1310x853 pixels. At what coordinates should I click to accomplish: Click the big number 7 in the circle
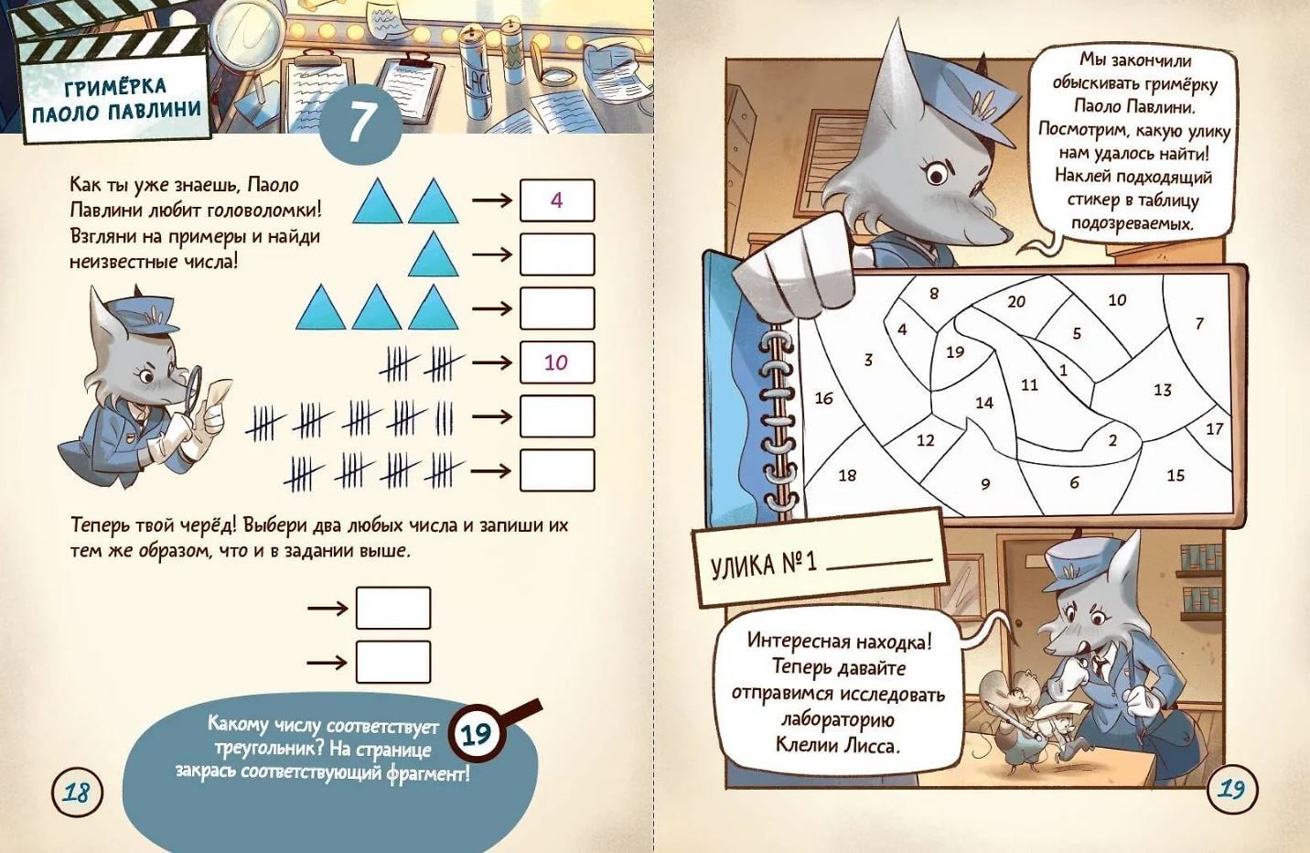tap(360, 121)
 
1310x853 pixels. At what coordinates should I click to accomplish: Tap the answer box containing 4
tap(557, 200)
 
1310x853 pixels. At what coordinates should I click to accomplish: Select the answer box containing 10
tap(557, 362)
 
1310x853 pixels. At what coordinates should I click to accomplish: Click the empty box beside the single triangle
tap(557, 254)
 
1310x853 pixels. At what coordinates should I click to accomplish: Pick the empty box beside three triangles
tap(557, 308)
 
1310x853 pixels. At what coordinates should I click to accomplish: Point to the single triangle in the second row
tap(433, 254)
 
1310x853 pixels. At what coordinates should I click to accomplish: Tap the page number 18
tap(77, 794)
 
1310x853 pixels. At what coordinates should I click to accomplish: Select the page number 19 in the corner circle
tap(1231, 790)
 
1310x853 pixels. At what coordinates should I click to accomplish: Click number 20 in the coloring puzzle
tap(1016, 302)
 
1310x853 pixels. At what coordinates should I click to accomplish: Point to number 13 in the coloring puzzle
tap(1163, 390)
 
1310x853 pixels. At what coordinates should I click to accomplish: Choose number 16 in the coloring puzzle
tap(823, 398)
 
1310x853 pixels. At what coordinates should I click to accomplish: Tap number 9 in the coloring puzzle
tap(985, 484)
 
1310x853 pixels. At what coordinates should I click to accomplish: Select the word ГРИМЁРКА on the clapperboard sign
tap(115, 88)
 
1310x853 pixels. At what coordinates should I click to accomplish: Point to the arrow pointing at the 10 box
tap(492, 362)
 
